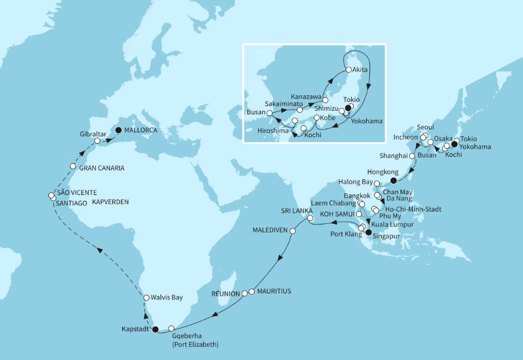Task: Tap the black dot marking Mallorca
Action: pos(118,130)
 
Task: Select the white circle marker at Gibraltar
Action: pos(98,141)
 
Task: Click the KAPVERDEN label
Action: pos(110,202)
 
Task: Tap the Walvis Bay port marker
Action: pos(147,297)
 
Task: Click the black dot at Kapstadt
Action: pos(155,329)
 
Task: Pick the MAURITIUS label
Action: pos(274,291)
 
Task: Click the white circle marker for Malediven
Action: pos(293,231)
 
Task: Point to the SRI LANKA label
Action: pos(297,211)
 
